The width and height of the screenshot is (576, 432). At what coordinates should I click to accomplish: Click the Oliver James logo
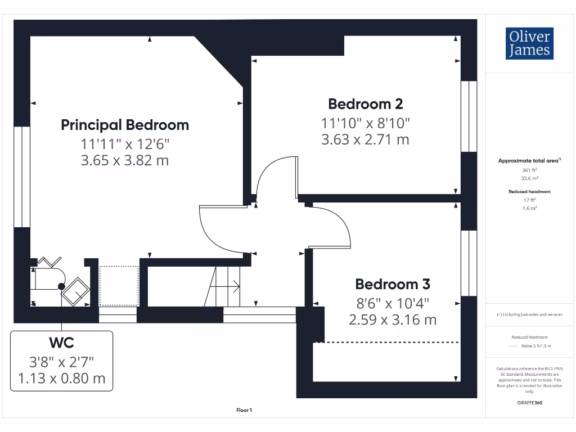pos(529,43)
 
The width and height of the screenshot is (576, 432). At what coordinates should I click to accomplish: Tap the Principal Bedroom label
pos(125,125)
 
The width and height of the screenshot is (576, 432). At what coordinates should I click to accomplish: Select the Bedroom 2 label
pos(365,104)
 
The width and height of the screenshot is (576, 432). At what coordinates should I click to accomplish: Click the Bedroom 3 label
pos(392,284)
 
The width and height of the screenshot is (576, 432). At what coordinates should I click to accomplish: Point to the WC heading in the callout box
pos(62,343)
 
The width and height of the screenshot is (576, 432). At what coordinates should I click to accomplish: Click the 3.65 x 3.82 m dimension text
pos(125,160)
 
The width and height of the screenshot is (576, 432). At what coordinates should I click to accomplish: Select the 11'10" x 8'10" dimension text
pos(365,122)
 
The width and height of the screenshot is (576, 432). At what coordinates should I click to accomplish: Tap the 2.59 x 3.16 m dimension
pos(392,320)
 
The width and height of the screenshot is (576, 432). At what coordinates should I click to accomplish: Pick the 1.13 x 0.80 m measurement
pos(62,378)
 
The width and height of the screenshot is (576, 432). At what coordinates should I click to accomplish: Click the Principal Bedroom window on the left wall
pos(21,177)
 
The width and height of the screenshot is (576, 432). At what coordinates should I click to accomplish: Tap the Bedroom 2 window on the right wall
pos(469,116)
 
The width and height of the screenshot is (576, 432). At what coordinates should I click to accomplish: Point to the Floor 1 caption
pos(244,411)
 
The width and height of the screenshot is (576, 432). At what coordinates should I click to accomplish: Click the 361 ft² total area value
pos(529,169)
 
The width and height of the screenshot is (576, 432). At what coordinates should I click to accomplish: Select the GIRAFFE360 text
pos(529,403)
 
